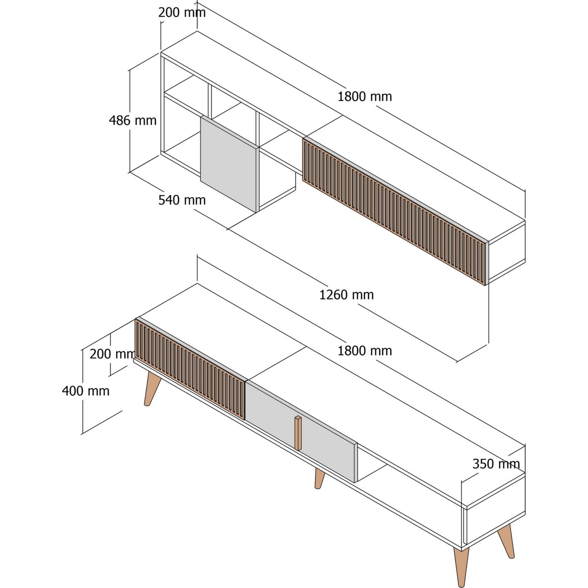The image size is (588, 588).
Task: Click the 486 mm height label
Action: click(x=133, y=121)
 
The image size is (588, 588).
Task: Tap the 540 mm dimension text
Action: click(x=182, y=200)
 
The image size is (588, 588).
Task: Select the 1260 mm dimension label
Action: click(x=346, y=295)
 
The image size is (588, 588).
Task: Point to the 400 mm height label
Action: click(x=86, y=391)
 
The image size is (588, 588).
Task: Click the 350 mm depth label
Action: click(x=496, y=464)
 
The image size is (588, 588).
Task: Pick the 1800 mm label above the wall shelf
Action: click(x=365, y=97)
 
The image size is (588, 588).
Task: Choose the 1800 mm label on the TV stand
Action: click(x=365, y=351)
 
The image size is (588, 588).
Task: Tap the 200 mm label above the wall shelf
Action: click(x=182, y=13)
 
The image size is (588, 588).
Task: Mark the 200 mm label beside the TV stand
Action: click(x=112, y=354)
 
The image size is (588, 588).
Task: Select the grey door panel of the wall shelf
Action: click(x=228, y=164)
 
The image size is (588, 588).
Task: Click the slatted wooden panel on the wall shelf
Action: click(x=395, y=211)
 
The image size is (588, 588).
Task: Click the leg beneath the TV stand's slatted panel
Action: click(x=152, y=389)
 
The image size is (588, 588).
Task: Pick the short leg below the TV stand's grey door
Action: click(x=319, y=479)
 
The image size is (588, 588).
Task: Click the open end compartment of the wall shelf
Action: click(x=507, y=250)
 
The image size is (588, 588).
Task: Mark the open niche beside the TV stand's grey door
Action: click(x=371, y=467)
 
